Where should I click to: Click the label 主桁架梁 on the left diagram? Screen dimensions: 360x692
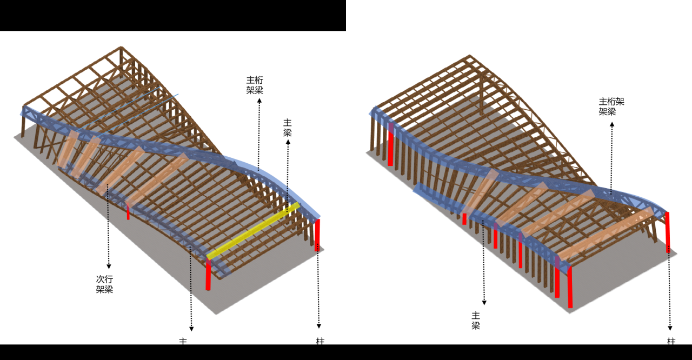255,85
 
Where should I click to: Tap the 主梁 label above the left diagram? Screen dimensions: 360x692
288,128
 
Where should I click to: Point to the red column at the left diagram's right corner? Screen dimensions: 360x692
318,235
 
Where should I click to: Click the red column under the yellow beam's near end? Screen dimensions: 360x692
208,274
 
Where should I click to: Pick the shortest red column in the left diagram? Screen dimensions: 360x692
128,211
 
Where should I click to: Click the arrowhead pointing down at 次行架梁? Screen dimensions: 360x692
109,266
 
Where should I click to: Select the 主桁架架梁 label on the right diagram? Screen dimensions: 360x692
611,106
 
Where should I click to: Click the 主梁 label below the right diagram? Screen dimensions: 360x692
476,321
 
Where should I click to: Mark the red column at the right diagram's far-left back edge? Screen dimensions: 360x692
390,144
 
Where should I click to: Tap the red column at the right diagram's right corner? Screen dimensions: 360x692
668,232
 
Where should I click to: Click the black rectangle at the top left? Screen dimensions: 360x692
173,15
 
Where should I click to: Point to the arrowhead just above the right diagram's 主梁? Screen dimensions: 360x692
484,303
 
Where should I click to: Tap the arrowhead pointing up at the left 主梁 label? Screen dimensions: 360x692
288,142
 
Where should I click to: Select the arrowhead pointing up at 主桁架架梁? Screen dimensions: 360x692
612,124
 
